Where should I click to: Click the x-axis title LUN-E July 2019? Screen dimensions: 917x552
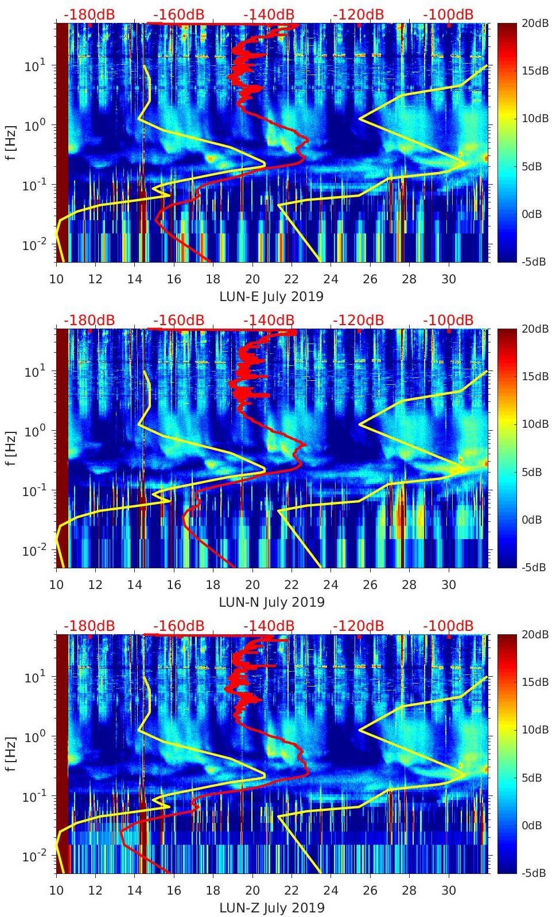pyautogui.click(x=271, y=296)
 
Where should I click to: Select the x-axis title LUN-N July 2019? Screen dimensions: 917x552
pyautogui.click(x=271, y=602)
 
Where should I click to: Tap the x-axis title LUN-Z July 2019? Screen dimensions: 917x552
pyautogui.click(x=271, y=908)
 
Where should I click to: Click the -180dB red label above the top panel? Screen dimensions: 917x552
pyautogui.click(x=89, y=14)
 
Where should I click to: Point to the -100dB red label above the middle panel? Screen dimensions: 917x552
pyautogui.click(x=448, y=320)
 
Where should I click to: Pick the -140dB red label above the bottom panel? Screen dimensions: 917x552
pyautogui.click(x=269, y=626)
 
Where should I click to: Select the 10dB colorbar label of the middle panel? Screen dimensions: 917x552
pyautogui.click(x=533, y=424)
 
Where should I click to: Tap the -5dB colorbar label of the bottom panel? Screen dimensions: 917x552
pyautogui.click(x=533, y=873)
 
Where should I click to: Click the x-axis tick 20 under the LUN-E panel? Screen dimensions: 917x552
pyautogui.click(x=252, y=279)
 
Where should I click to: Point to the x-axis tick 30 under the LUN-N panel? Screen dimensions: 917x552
pyautogui.click(x=449, y=585)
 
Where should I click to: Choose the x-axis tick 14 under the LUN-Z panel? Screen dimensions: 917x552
pyautogui.click(x=135, y=891)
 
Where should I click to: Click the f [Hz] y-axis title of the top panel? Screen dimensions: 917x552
pyautogui.click(x=12, y=143)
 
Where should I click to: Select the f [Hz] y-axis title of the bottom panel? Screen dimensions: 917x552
pyautogui.click(x=12, y=754)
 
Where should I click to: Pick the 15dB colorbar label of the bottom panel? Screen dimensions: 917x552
pyautogui.click(x=533, y=682)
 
